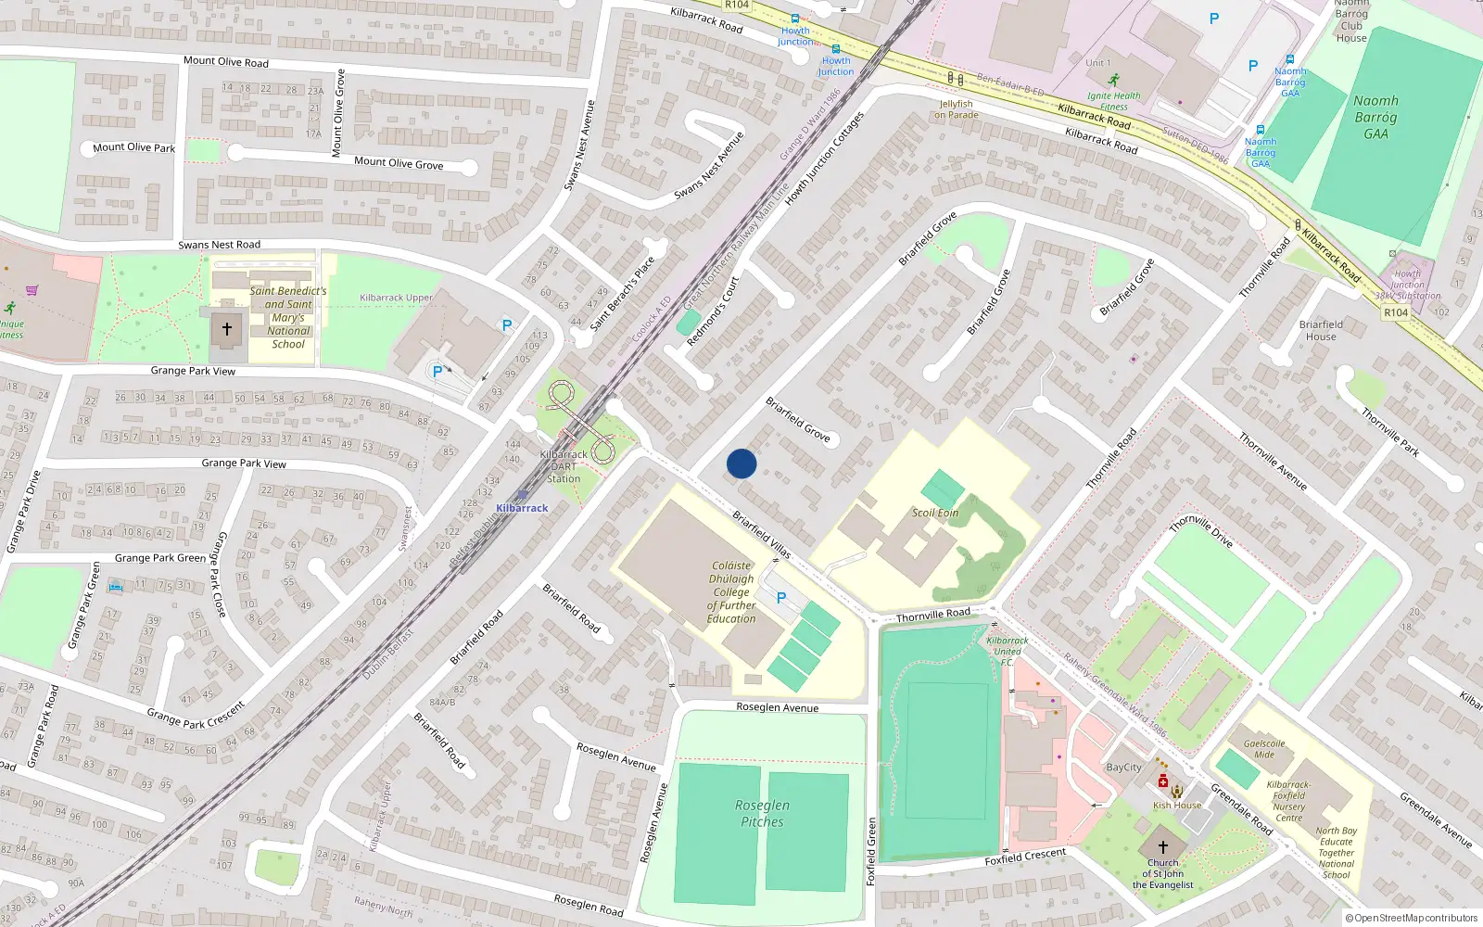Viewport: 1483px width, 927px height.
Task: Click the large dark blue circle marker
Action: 741,463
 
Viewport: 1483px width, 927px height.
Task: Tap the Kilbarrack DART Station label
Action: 564,466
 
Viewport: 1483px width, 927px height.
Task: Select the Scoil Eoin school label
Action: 935,513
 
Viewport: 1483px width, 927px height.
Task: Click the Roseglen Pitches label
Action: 762,814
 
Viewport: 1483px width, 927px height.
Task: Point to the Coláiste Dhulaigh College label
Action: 731,591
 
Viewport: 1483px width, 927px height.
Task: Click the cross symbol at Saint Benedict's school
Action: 226,329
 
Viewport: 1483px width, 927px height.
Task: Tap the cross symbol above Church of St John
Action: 1163,847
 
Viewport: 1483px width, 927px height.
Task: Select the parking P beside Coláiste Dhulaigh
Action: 781,598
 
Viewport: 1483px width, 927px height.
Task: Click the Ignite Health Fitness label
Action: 1114,100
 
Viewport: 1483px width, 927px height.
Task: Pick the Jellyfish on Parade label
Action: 957,109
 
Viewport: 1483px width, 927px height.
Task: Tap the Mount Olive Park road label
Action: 133,147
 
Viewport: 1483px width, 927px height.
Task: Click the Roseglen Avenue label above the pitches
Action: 777,707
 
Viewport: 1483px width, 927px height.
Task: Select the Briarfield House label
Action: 1321,330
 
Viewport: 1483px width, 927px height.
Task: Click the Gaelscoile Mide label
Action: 1264,749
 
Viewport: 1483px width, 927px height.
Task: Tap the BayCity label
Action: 1123,767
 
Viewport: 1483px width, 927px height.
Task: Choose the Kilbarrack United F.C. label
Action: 1008,651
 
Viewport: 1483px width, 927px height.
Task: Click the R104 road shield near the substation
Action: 1396,312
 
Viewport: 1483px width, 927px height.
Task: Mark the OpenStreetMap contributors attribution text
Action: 1411,918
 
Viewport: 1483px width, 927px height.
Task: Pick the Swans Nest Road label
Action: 219,245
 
